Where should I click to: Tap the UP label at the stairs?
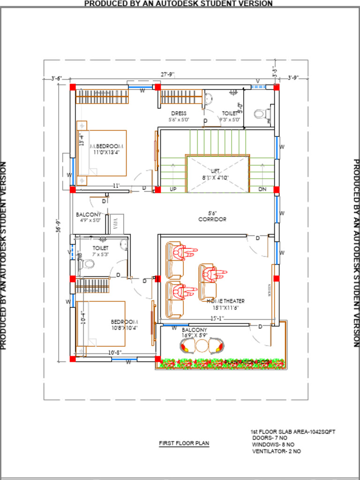tap(173, 189)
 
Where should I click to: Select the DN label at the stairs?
tap(262, 189)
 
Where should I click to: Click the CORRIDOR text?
tap(212, 219)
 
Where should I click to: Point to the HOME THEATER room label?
tap(225, 301)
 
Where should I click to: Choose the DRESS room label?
tap(179, 113)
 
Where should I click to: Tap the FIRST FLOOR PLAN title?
tap(184, 443)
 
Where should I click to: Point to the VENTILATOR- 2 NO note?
tap(277, 451)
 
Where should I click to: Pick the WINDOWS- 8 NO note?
tap(273, 444)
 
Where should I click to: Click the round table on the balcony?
tap(202, 346)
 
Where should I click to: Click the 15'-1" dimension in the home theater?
tap(216, 318)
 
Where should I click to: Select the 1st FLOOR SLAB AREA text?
tap(292, 431)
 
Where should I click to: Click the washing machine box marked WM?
tap(116, 224)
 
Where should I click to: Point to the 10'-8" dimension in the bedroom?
tap(115, 352)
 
